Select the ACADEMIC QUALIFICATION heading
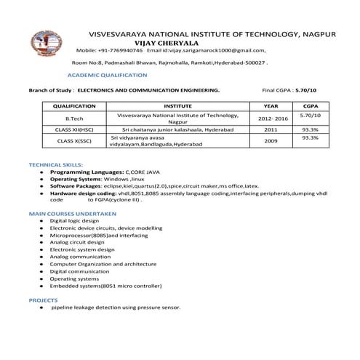coord(106,75)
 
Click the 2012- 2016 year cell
coord(273,119)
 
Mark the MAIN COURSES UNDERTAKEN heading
coord(72,213)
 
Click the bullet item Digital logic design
coord(74,220)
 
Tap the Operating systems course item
coord(74,279)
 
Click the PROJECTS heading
coord(43,300)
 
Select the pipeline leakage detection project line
coord(116,307)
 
